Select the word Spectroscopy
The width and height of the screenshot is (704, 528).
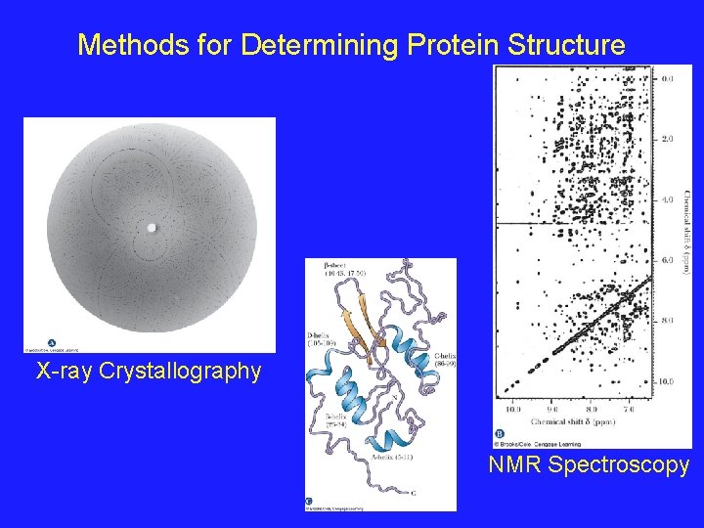pos(619,464)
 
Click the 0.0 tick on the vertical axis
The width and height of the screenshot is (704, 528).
pos(669,79)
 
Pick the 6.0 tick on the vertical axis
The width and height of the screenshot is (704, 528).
pos(669,260)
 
